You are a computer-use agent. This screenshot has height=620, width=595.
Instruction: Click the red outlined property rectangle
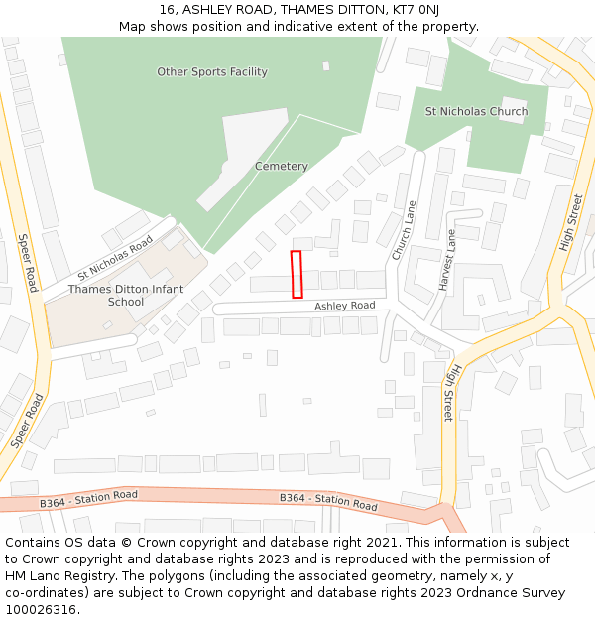click(x=296, y=274)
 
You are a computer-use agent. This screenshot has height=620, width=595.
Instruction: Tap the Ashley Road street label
click(x=345, y=306)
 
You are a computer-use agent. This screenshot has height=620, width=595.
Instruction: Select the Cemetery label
click(x=281, y=167)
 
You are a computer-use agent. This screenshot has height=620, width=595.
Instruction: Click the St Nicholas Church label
click(x=476, y=112)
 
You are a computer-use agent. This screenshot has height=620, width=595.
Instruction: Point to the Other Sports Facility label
click(x=212, y=72)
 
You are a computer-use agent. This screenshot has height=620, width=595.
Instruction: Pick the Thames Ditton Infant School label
click(x=126, y=295)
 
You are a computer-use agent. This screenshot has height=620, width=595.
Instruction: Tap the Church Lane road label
click(x=405, y=231)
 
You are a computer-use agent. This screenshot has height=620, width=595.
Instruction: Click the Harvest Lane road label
click(x=448, y=260)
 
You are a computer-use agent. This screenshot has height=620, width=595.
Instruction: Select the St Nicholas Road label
click(x=115, y=257)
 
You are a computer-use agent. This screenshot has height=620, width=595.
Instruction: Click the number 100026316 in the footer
click(x=40, y=609)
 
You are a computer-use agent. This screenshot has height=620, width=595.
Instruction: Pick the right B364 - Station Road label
click(x=328, y=501)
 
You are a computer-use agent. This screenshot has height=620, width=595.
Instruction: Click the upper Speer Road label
click(x=27, y=263)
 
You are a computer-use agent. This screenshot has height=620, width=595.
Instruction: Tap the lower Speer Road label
click(x=26, y=421)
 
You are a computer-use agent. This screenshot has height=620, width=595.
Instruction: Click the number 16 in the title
click(x=166, y=10)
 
